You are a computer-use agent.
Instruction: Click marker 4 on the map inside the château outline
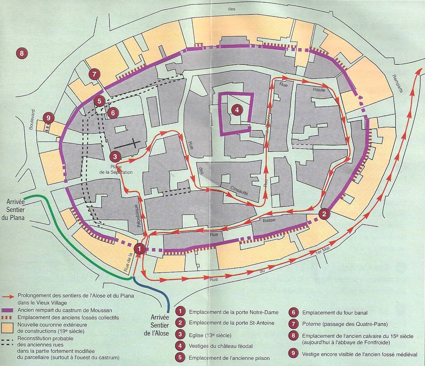237,110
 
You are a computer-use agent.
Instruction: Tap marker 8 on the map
21,53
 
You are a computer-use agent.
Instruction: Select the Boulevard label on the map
31,120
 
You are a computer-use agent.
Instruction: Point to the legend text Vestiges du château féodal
221,346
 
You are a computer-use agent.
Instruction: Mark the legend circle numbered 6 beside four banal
293,313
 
